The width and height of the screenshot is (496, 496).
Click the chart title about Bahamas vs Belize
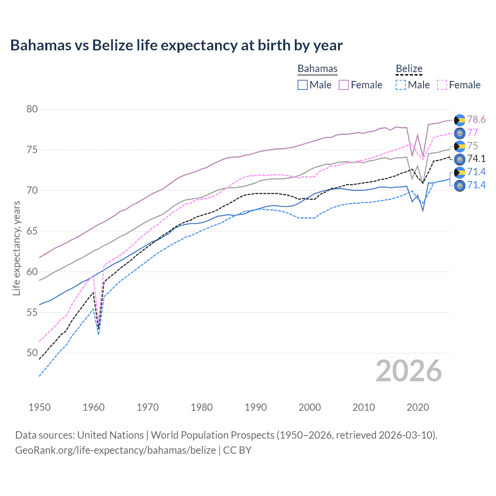point(176,45)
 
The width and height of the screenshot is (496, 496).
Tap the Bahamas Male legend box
point(303,85)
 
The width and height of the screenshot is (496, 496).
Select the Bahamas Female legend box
point(344,85)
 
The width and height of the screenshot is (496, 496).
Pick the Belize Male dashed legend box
point(401,85)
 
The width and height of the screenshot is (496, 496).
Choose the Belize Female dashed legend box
point(442,85)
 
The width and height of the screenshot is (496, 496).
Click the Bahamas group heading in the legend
point(317,69)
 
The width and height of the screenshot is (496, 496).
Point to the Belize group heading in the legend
point(409,69)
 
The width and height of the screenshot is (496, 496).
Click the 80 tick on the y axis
point(32,109)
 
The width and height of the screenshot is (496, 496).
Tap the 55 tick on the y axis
point(32,312)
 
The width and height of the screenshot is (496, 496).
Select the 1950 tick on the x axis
point(40,407)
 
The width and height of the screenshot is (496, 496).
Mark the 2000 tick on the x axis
point(310,407)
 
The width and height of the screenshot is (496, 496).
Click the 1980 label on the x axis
point(201,407)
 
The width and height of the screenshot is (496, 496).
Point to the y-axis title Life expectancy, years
point(16,248)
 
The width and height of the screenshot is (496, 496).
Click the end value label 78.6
point(476,120)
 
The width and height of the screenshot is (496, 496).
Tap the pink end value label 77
point(472,133)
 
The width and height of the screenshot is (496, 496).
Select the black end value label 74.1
point(476,159)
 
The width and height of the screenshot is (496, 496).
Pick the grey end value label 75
point(472,146)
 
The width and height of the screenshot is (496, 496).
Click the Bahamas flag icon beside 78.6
point(460,120)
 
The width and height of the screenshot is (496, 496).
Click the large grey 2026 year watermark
point(409,371)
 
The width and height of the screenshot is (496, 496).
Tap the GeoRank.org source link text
point(115,450)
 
